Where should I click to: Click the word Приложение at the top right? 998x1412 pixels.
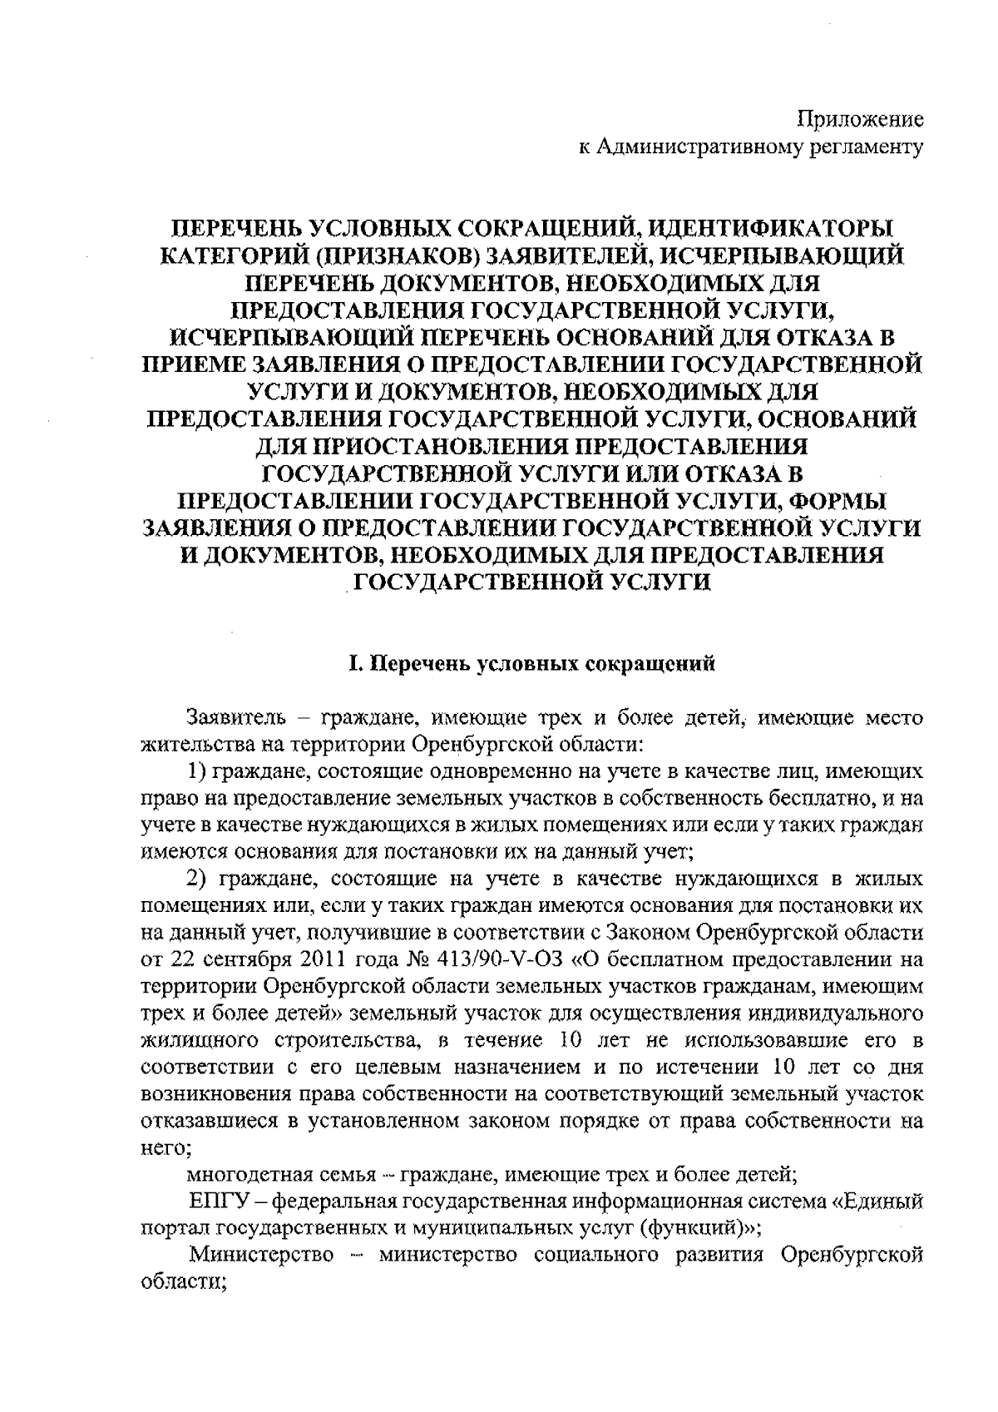pyautogui.click(x=861, y=118)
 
